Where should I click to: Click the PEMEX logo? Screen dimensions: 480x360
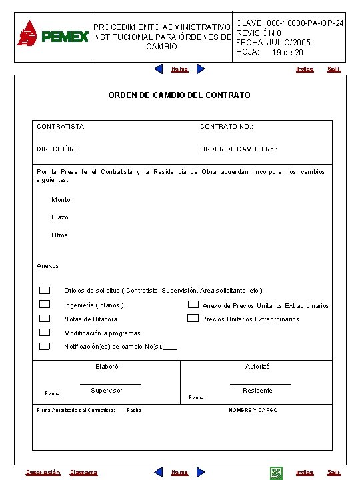(x=52, y=33)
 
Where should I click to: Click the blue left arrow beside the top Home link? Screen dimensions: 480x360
(x=159, y=69)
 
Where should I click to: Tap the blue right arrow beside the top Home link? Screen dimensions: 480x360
(x=200, y=69)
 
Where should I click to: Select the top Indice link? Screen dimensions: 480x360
(x=305, y=69)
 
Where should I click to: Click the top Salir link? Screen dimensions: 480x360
(x=333, y=69)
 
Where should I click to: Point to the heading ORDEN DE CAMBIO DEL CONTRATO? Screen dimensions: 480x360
(x=179, y=95)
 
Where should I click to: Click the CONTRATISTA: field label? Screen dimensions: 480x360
(x=61, y=126)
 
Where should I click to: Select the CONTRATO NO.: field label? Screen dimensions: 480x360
(x=227, y=126)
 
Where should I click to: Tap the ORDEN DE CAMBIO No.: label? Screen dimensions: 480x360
(x=239, y=149)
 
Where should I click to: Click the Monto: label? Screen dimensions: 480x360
(x=62, y=200)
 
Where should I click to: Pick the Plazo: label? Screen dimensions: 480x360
(x=61, y=217)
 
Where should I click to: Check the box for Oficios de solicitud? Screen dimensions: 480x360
(x=45, y=290)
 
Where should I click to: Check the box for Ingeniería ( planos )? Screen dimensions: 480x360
(x=45, y=304)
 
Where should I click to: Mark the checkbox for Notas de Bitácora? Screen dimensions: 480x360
(x=45, y=319)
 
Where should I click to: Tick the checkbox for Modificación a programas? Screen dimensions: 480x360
(x=45, y=332)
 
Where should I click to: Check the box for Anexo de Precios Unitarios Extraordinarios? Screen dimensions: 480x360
(x=193, y=305)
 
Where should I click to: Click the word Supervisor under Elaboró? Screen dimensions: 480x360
(x=107, y=391)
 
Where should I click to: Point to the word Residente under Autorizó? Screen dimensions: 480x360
(x=257, y=391)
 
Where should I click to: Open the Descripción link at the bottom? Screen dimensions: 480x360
(x=43, y=473)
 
